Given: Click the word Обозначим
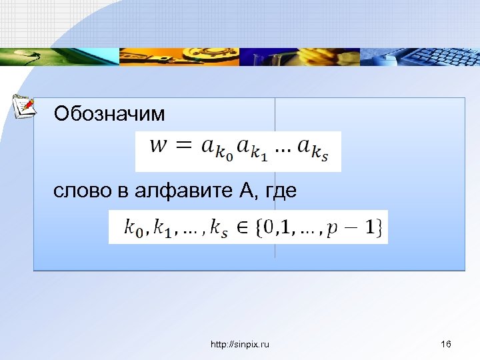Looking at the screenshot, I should pos(109,114).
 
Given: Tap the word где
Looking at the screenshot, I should pos(280,192).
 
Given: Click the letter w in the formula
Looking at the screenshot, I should pos(159,145).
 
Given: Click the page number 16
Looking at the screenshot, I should pos(447,344).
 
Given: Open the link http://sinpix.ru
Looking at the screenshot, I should pos(240,344).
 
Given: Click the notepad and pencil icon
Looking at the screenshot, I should pos(25,106).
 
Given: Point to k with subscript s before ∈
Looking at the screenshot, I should pos(219,229).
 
